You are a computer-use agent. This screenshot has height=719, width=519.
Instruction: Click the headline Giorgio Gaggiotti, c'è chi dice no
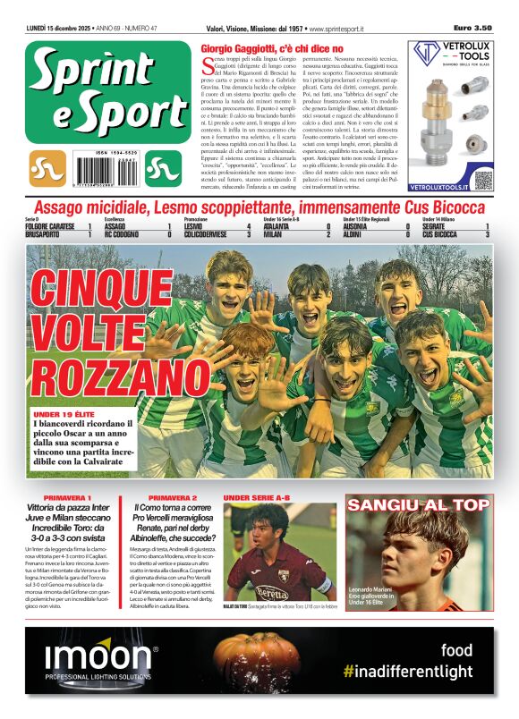click(272, 47)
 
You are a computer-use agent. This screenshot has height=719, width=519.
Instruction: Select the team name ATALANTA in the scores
click(283, 227)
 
